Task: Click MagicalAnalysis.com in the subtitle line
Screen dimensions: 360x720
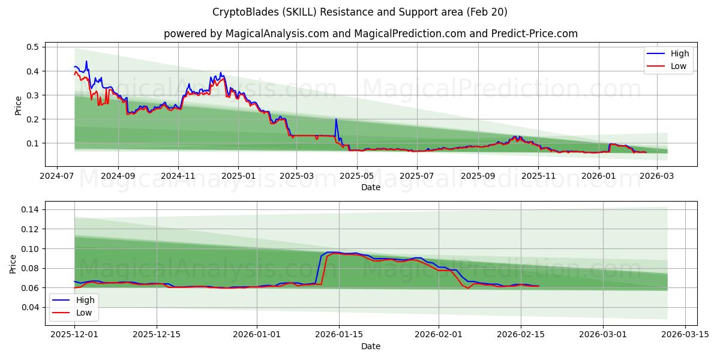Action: (277, 34)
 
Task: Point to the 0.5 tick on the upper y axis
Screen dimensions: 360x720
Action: (32, 47)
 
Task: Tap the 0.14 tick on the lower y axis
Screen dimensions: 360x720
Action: (30, 209)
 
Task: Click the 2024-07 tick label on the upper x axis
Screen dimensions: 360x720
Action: (57, 177)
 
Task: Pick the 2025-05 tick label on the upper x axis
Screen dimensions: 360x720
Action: (357, 177)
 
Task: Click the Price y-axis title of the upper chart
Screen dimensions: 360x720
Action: (18, 105)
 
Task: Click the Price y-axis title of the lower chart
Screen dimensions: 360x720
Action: (13, 264)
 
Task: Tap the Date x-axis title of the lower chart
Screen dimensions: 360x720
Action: (370, 346)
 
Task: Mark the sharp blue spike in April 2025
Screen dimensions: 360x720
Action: (335, 119)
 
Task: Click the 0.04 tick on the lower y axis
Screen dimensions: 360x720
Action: (30, 307)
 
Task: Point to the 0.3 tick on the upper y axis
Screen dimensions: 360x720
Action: (32, 95)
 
